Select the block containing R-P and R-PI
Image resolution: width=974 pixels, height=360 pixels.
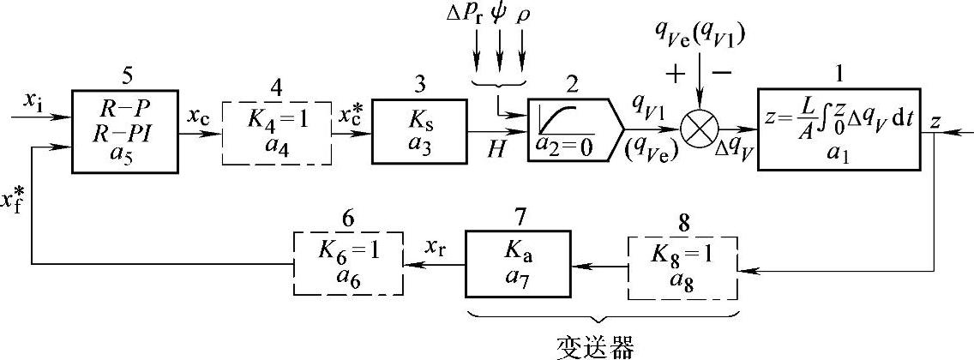coord(126,128)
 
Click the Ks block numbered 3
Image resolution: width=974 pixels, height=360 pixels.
coord(420,131)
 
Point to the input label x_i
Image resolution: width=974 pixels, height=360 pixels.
coord(33,102)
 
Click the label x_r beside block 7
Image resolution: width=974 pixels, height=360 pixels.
coord(436,247)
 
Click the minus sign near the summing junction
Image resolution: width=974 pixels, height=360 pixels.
coord(722,73)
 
